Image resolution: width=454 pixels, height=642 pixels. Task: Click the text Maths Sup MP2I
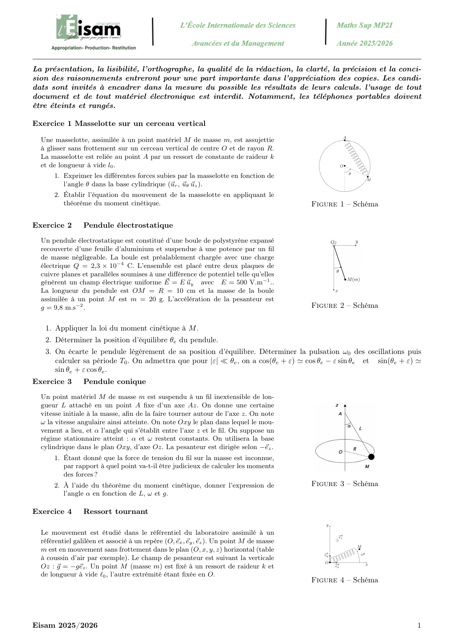(x=364, y=25)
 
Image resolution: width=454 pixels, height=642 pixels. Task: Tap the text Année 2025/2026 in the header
(x=364, y=43)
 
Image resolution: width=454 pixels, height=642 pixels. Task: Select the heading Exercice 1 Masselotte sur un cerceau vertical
(x=119, y=123)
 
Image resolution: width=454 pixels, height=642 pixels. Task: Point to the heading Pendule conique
(x=115, y=381)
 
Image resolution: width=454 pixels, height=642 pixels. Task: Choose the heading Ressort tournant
(x=116, y=511)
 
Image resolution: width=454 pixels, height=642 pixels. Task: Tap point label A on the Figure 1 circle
(x=345, y=138)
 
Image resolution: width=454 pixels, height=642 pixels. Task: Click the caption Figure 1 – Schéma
(x=345, y=204)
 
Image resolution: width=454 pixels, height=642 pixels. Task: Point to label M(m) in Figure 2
(x=354, y=280)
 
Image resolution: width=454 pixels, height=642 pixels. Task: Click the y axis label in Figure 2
(x=357, y=242)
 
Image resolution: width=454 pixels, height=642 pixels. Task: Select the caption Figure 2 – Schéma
(x=345, y=306)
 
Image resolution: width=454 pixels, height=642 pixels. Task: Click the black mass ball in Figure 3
(x=371, y=457)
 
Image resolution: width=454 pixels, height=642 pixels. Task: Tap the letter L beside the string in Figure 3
(x=361, y=428)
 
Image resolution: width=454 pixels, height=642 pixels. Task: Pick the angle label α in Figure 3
(x=349, y=426)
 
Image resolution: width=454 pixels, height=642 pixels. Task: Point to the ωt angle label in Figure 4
(x=363, y=554)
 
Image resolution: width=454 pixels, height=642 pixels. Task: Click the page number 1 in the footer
(x=419, y=625)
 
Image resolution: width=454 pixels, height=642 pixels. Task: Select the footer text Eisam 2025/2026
(x=65, y=625)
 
